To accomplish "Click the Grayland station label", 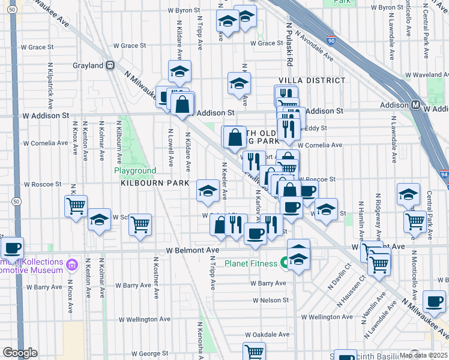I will pos(88,65).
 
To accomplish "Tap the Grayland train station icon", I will pos(110,65).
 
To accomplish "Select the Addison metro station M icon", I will pos(415,105).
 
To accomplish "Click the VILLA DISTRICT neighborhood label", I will pos(312,80).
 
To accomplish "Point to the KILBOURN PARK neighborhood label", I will pos(155,183).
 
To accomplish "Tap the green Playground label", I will pos(136,171).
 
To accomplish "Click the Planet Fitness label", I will pos(251,263).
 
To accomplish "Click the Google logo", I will pos(20,353).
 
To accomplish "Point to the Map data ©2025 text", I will pos(423,355).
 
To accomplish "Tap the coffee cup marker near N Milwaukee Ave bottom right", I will pos(434,301).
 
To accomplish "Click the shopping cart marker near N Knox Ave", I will pos(76,206).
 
